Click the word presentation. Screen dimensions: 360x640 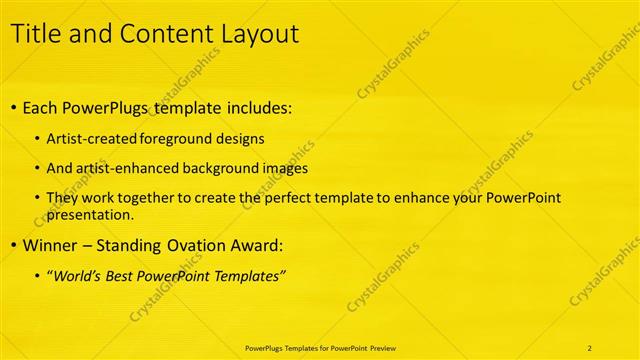coord(90,214)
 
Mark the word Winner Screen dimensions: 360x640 coord(51,244)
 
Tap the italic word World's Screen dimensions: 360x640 coord(77,275)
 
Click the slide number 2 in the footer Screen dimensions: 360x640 coord(590,347)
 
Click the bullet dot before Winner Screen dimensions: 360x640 coord(12,245)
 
